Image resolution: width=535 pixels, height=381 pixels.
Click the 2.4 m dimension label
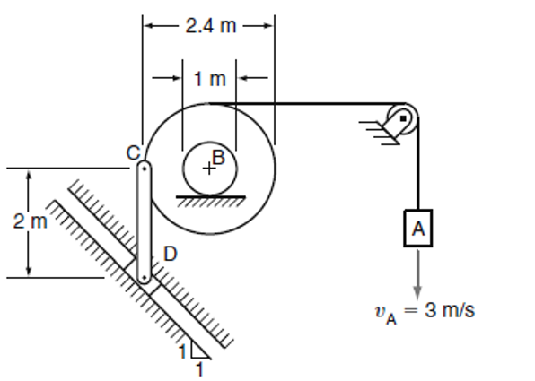pos(210,25)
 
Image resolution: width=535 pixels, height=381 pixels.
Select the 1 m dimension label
pos(209,79)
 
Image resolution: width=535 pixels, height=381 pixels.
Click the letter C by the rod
pos(131,152)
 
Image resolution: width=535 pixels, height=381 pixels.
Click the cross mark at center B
pos(209,168)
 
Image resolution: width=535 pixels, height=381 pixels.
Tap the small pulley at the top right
pos(403,118)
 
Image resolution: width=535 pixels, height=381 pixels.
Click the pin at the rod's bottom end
pos(143,277)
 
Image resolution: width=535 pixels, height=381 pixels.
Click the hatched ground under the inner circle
pos(210,200)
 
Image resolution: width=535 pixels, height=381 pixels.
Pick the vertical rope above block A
pos(417,170)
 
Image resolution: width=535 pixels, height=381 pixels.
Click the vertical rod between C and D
pos(143,221)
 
